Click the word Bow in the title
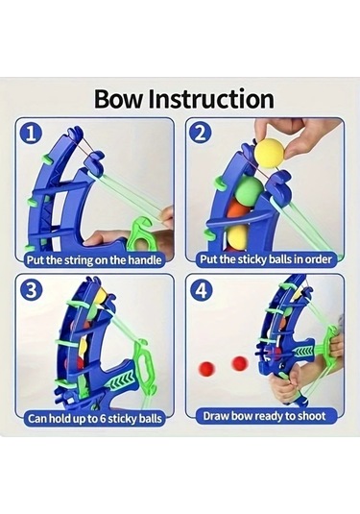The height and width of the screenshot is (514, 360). coord(119,99)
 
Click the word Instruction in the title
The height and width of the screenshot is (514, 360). coord(211,99)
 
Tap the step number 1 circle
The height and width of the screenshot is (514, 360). coord(31,134)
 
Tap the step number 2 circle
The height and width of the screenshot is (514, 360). coord(201,133)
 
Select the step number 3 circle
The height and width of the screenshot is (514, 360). coord(31,290)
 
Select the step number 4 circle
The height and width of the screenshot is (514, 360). coord(202,290)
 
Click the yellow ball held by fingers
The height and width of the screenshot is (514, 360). coord(270,154)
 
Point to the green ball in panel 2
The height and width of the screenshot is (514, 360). coord(249,188)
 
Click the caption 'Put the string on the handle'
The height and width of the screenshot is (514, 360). coord(94,260)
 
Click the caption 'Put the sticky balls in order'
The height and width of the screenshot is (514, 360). coord(266,259)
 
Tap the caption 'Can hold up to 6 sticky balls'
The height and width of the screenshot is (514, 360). coord(95,419)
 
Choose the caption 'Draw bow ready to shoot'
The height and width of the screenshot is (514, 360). coord(264,416)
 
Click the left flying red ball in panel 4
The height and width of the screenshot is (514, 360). coord(207,368)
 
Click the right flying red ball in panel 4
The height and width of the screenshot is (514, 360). coord(240,363)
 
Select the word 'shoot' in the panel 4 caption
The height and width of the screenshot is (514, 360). coord(311,416)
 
